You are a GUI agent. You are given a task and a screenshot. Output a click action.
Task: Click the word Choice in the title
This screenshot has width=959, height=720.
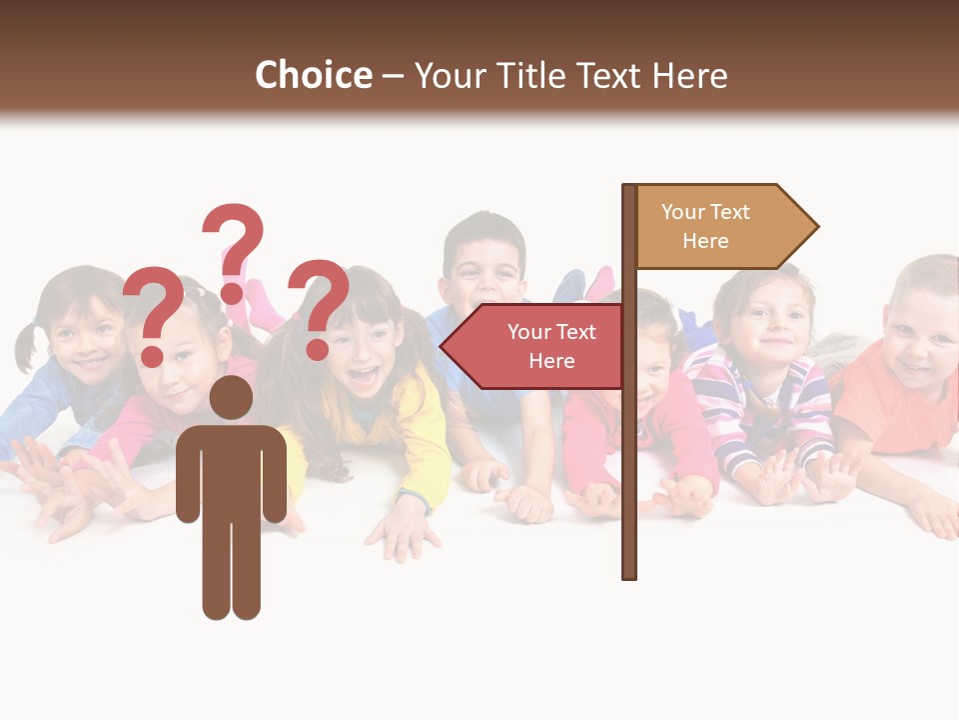pos(313,75)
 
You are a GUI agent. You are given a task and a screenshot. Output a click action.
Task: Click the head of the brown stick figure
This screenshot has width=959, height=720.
pos(231,398)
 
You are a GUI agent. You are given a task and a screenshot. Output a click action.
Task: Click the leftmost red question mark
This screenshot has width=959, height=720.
pos(153,314)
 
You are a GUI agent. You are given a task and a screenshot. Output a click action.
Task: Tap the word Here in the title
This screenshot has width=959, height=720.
pos(689,75)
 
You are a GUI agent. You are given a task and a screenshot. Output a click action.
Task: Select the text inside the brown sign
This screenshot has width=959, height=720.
pos(705,226)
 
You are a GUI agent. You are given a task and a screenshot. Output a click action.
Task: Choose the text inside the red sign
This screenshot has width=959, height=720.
pos(551,346)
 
